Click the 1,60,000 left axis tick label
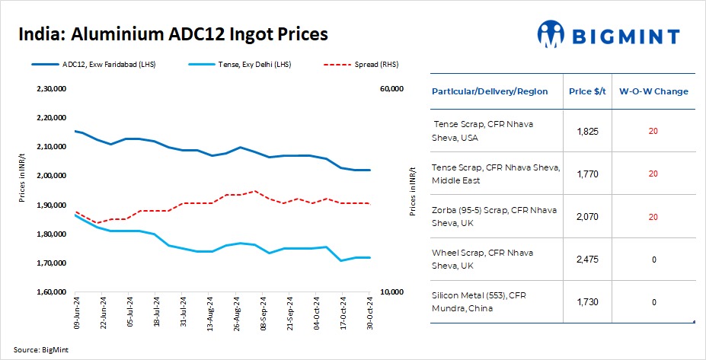tap(52, 292)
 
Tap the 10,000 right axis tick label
tap(391, 292)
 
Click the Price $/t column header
tap(588, 91)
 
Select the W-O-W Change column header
tap(653, 91)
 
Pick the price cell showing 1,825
tap(588, 131)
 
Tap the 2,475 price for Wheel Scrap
tap(588, 260)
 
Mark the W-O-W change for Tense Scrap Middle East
tap(653, 174)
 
